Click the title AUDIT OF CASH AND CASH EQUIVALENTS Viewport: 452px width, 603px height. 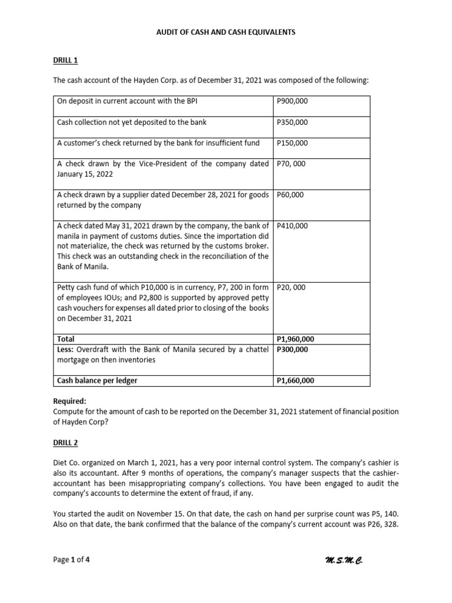225,32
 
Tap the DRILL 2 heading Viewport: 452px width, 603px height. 65,442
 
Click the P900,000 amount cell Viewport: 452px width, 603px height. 292,101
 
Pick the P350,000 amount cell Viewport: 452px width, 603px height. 292,122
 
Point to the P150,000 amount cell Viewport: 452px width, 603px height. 292,143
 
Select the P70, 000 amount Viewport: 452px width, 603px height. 291,164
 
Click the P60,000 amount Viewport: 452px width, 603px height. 290,195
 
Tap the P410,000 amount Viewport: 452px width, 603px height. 292,226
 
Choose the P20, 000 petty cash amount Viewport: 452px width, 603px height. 291,287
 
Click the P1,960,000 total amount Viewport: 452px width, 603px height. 295,339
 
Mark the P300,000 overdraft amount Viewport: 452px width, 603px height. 292,349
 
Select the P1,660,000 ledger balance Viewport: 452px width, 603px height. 295,381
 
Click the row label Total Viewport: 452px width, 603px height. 66,339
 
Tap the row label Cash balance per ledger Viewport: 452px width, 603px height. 97,381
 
